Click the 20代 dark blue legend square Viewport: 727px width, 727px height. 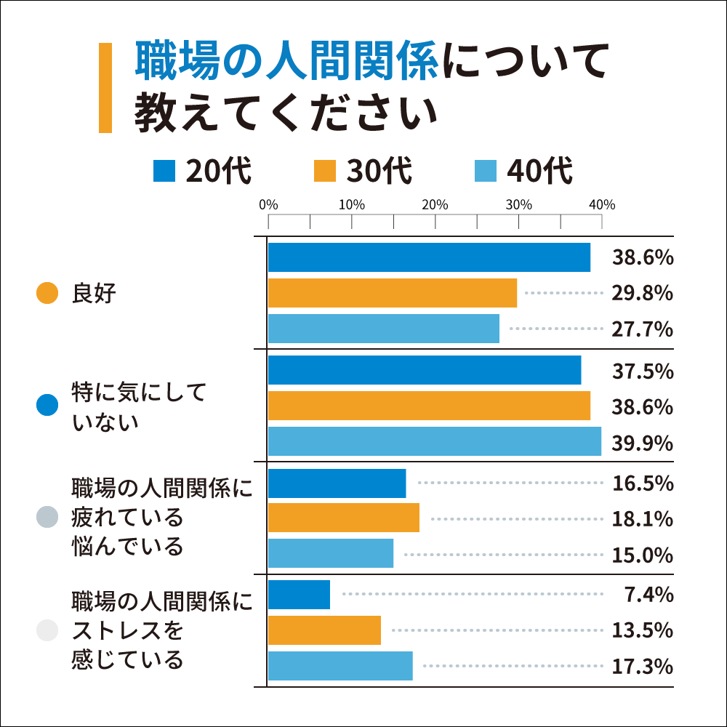tap(164, 172)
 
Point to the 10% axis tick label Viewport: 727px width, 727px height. tap(352, 205)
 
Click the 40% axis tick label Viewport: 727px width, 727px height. tap(602, 205)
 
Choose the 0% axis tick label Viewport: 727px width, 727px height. tap(268, 205)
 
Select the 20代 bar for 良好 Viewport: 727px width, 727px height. tap(429, 257)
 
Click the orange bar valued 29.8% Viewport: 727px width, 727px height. tap(393, 293)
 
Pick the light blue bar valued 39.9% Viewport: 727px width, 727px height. tap(435, 441)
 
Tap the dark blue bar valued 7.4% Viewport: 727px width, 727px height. tap(299, 595)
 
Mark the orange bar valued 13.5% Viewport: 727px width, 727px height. tap(324, 630)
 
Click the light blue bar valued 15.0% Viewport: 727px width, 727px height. tap(331, 553)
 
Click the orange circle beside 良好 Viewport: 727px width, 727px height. tap(47, 294)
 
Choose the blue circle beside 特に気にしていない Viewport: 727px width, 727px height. tap(47, 405)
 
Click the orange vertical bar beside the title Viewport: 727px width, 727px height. tap(105, 88)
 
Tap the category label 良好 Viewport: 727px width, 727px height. tap(94, 294)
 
